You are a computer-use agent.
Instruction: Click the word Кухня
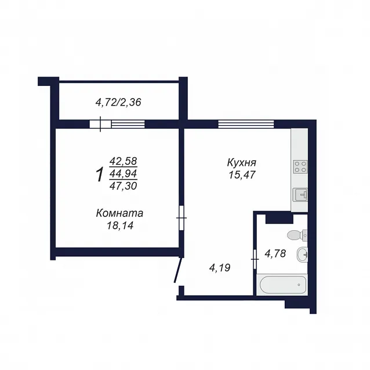click(x=242, y=162)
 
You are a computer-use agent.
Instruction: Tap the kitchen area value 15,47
click(x=242, y=175)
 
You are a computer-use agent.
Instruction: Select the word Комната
click(x=119, y=213)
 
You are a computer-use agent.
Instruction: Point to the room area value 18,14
click(x=120, y=226)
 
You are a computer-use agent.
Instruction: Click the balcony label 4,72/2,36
click(x=118, y=103)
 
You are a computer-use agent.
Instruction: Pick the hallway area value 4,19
click(x=220, y=268)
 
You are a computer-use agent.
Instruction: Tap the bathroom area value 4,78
click(x=275, y=253)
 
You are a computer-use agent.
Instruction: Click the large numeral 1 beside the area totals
click(x=100, y=174)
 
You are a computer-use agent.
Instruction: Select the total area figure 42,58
click(x=123, y=161)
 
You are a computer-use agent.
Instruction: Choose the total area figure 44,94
click(x=123, y=173)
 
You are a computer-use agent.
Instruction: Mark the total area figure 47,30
click(x=123, y=186)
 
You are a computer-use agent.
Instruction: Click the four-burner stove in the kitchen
click(x=300, y=166)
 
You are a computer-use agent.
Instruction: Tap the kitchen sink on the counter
click(x=300, y=195)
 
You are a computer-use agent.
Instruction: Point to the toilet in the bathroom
click(x=298, y=235)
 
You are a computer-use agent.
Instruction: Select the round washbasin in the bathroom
click(x=302, y=255)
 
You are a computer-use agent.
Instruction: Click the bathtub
click(x=283, y=285)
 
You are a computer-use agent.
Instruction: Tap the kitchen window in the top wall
click(x=246, y=124)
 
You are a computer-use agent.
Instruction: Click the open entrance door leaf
click(x=178, y=270)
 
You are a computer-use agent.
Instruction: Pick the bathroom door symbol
click(x=255, y=259)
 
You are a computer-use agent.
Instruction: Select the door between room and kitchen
click(x=182, y=218)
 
